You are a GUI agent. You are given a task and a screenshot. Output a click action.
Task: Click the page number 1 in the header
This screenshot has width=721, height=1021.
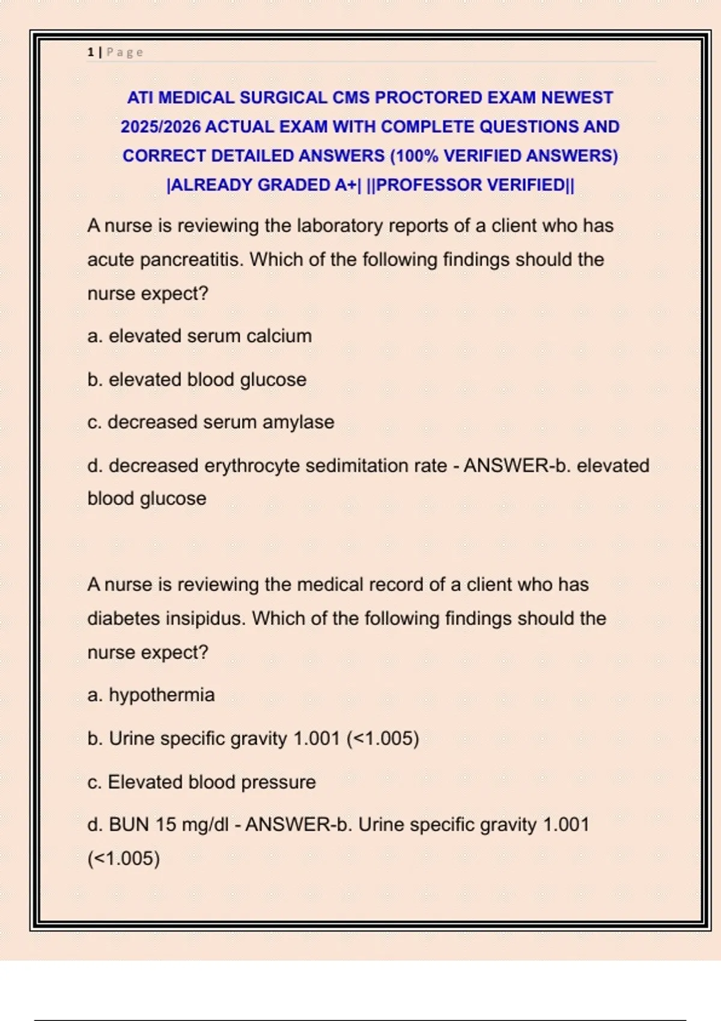(90, 52)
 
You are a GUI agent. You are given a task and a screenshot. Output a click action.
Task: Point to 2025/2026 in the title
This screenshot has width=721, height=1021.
(160, 127)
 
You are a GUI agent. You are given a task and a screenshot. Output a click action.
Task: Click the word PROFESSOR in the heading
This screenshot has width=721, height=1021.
(428, 185)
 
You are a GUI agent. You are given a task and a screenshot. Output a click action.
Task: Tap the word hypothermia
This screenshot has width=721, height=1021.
(162, 695)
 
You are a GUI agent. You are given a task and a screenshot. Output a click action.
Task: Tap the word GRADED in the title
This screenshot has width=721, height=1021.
(294, 185)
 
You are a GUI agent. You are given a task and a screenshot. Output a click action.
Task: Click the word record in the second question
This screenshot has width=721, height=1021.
(396, 584)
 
